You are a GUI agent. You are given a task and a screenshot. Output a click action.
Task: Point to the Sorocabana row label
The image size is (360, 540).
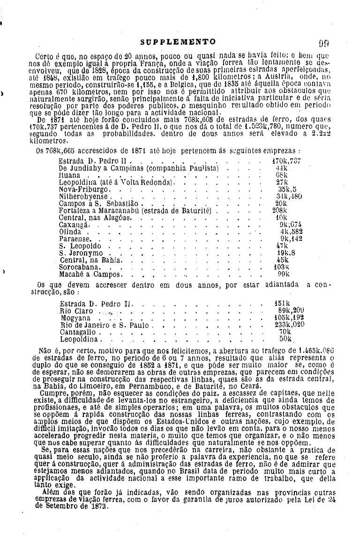pyautogui.click(x=78, y=266)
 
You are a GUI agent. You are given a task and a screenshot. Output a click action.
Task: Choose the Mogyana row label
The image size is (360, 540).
pyautogui.click(x=75, y=318)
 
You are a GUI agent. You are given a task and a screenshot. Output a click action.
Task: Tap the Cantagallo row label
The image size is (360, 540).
pyautogui.click(x=78, y=332)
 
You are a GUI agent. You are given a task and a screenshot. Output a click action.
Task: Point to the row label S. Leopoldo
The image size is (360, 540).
pyautogui.click(x=80, y=246)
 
